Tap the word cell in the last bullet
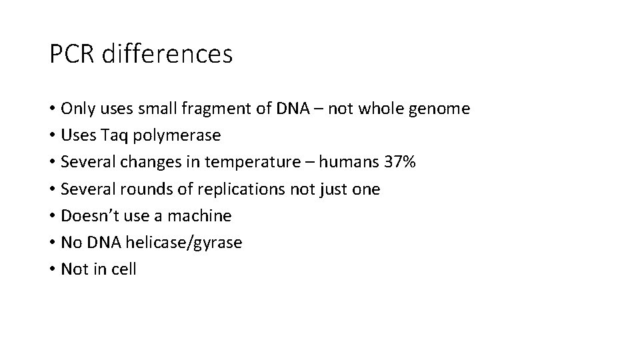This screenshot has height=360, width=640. click(125, 269)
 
